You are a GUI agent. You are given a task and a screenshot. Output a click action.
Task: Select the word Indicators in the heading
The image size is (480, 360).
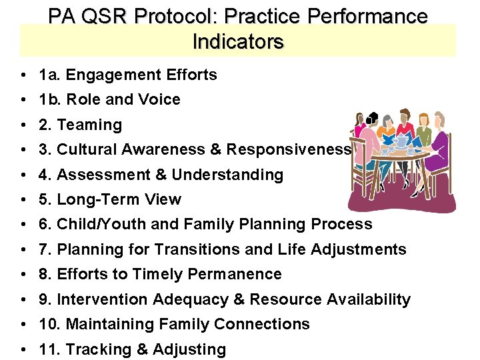(x=238, y=42)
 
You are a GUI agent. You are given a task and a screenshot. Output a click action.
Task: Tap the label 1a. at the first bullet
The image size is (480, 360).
(x=49, y=75)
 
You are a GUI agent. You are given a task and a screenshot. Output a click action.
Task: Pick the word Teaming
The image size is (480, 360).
(x=90, y=125)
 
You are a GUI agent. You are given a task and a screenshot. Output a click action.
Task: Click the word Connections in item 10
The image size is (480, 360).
(x=269, y=325)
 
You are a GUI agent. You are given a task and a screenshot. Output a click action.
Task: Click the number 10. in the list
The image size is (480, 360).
(x=50, y=325)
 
